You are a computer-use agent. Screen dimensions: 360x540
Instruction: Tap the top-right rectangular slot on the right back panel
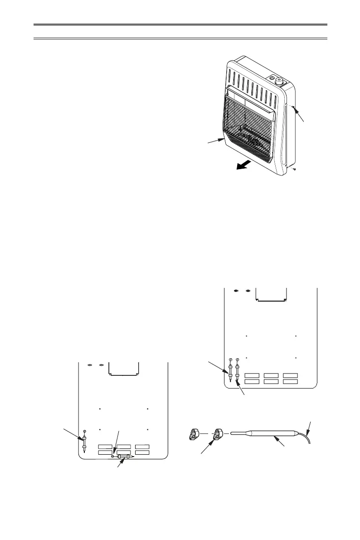[289, 375]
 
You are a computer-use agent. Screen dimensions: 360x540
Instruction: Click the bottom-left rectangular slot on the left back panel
[106, 452]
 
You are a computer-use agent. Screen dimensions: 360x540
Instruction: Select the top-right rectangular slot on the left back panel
[142, 447]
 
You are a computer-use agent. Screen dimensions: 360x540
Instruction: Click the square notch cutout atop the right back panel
[271, 294]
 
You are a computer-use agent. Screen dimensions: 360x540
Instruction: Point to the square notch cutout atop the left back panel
[124, 369]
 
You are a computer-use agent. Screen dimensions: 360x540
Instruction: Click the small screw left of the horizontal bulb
[113, 457]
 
